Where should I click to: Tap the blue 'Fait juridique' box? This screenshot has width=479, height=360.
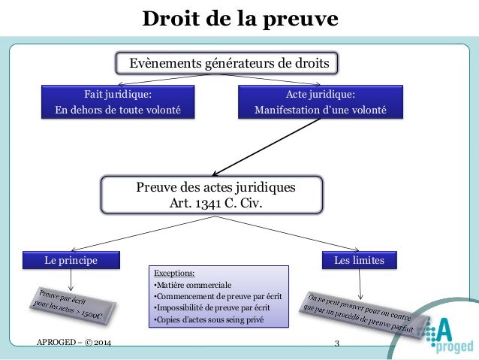pyautogui.click(x=116, y=102)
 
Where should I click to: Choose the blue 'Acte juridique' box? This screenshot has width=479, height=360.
pyautogui.click(x=321, y=102)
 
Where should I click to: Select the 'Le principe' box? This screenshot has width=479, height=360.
pyautogui.click(x=71, y=260)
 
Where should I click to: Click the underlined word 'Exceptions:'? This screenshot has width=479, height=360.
pyautogui.click(x=173, y=273)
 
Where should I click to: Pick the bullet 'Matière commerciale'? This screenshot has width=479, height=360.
pyautogui.click(x=192, y=285)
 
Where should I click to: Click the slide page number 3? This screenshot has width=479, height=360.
pyautogui.click(x=337, y=344)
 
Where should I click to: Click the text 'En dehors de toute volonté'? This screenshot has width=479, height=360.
pyautogui.click(x=118, y=110)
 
